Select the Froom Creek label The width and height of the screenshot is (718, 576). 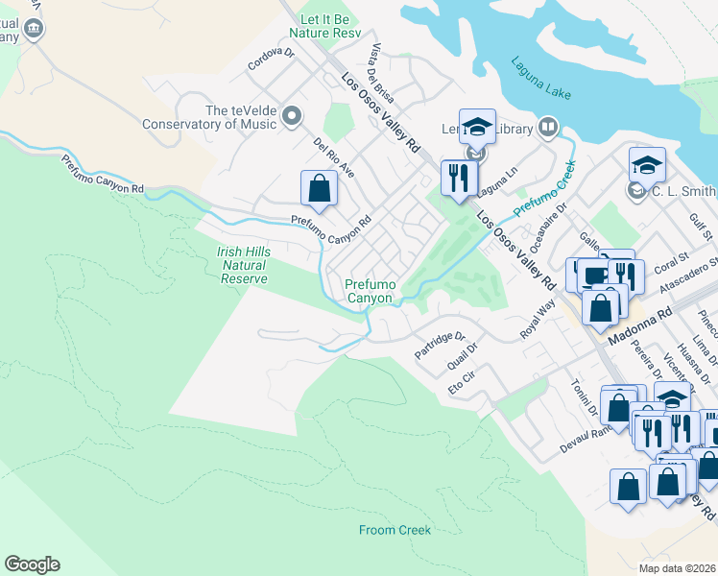click(x=395, y=530)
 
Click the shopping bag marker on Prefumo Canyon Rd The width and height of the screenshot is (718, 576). click(x=320, y=188)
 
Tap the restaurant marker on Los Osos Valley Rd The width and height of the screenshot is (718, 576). click(x=459, y=178)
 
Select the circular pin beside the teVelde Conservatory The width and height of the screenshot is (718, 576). click(x=292, y=117)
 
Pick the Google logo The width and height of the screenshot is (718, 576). click(x=32, y=564)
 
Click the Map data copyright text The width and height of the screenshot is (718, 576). click(x=678, y=568)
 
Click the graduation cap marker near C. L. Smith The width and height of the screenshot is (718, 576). click(x=648, y=164)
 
